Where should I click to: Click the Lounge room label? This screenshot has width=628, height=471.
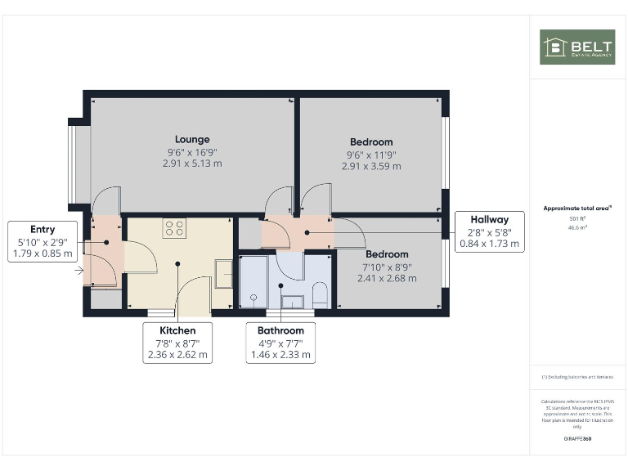coord(192,139)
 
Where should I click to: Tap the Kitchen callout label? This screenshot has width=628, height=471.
coord(177,330)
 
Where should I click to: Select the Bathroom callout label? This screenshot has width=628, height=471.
coord(280,330)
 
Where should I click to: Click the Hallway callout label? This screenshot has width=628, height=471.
coord(490,219)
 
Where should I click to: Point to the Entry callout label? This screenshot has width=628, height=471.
coord(43,230)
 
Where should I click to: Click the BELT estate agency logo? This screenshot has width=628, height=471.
coord(577,47)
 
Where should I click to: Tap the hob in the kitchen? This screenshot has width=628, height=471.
coord(173,228)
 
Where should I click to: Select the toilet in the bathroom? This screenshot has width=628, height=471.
coord(320,295)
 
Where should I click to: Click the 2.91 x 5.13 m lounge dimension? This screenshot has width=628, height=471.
coord(192,164)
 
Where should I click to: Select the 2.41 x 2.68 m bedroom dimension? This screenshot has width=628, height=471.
coord(387,278)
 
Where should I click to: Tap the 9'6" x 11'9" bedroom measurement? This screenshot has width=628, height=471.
coord(371,154)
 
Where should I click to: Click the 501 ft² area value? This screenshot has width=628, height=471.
coord(577,219)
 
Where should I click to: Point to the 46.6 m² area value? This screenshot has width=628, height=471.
coord(577,228)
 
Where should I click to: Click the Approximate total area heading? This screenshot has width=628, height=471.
coord(577,209)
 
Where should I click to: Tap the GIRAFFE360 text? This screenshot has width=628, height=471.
coord(577,439)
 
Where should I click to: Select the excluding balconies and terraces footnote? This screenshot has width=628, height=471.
coord(577,377)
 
